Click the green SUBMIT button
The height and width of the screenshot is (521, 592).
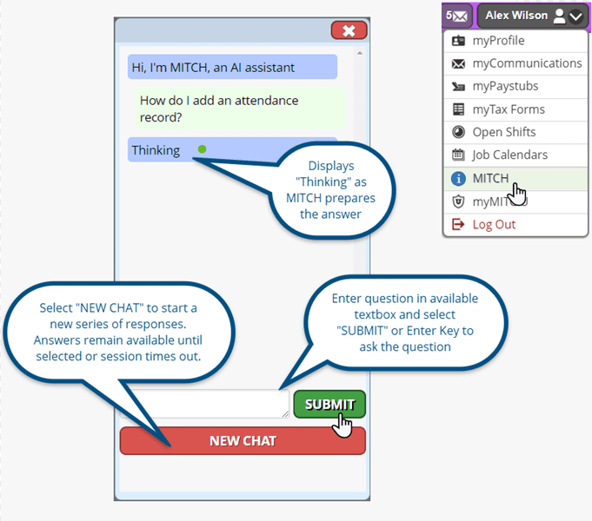[x=329, y=404]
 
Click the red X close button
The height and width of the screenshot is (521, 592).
[x=349, y=31]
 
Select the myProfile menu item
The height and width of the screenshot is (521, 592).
[x=498, y=41]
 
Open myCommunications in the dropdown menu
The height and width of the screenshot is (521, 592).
[x=527, y=63]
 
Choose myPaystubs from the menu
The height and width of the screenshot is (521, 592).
[x=505, y=86]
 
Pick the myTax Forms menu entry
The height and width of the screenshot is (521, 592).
[x=509, y=109]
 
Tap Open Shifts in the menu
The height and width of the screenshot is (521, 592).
[x=504, y=132]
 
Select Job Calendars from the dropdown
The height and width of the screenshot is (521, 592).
[x=509, y=155]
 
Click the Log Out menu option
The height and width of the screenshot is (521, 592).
[x=494, y=224]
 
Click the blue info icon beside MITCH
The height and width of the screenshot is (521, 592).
[x=458, y=178]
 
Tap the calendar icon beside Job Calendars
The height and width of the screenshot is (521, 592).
[x=458, y=155]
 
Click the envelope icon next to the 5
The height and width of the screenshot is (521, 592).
[x=460, y=16]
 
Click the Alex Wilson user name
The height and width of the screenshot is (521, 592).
[x=516, y=16]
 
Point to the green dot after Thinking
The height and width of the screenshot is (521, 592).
[x=202, y=149]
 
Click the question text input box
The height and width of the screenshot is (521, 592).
[x=205, y=403]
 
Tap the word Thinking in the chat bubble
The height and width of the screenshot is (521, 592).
[x=156, y=150]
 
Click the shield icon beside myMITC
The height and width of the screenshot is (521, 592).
[x=458, y=201]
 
